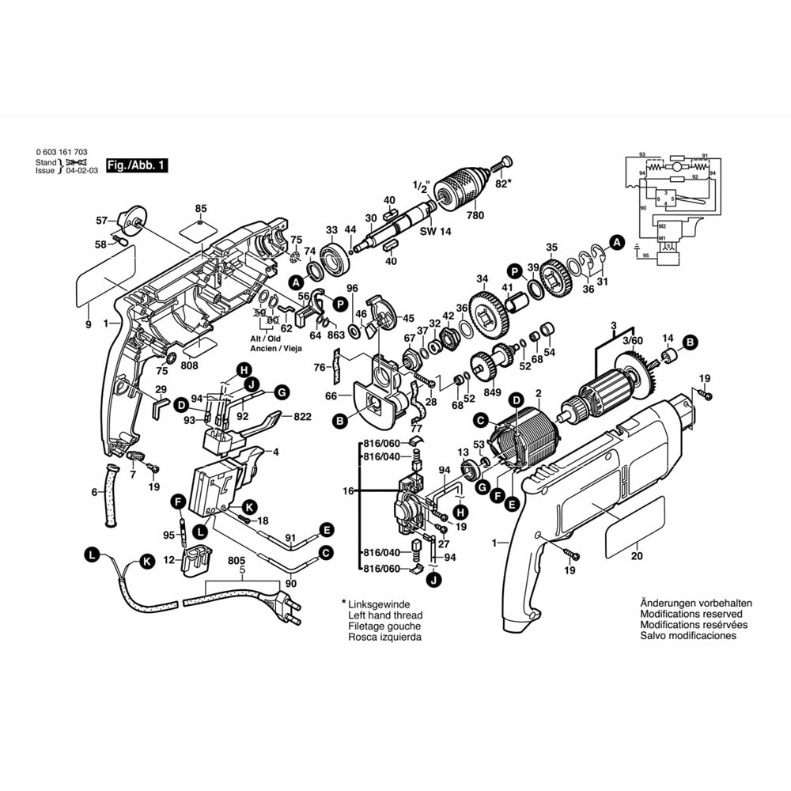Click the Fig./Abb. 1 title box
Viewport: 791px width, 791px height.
click(x=137, y=166)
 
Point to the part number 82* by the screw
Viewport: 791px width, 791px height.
click(x=502, y=184)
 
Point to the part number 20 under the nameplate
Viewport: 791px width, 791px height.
click(x=638, y=555)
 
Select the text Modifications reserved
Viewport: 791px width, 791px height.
click(x=691, y=614)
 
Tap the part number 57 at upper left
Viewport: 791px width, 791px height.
click(x=101, y=220)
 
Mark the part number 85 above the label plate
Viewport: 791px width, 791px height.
click(x=201, y=209)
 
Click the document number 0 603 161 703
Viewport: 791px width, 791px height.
click(x=62, y=152)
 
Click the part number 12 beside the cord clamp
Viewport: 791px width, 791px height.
click(x=168, y=560)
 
